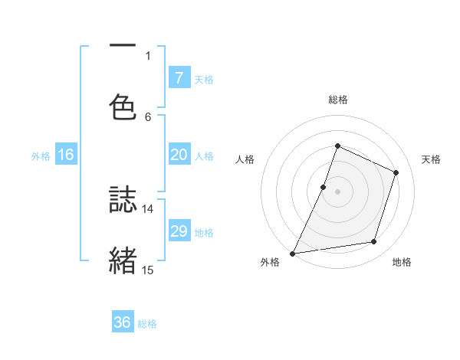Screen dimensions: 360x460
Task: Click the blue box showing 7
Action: (179, 77)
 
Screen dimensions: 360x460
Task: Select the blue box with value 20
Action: (179, 155)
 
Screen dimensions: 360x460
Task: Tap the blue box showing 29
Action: (179, 231)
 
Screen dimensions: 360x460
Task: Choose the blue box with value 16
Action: (66, 155)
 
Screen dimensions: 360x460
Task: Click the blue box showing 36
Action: (123, 322)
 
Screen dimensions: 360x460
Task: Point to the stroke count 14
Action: (148, 208)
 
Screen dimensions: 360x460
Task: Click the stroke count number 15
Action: (148, 270)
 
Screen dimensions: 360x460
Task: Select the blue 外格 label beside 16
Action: (41, 155)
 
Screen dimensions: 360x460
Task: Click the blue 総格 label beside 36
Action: (147, 323)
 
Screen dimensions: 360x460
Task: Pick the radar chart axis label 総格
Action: (337, 100)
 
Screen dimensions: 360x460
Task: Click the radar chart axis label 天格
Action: (432, 159)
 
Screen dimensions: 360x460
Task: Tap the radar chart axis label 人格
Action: (244, 159)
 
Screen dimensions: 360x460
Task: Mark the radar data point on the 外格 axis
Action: (293, 253)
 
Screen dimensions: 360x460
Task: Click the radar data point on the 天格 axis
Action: (396, 172)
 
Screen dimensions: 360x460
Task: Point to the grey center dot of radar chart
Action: (337, 191)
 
